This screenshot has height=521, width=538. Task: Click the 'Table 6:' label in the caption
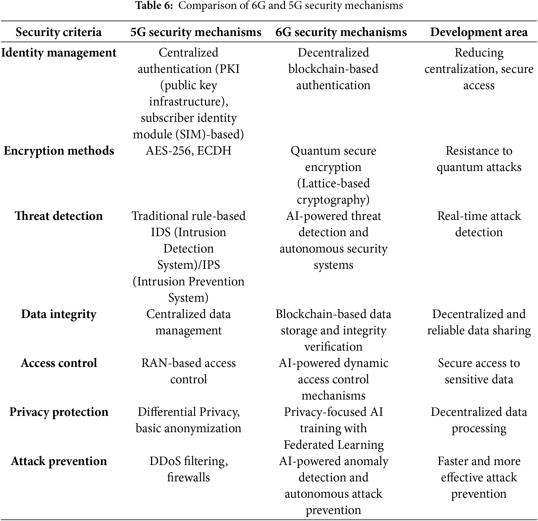pyautogui.click(x=154, y=6)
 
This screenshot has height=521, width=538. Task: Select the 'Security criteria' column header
pyautogui.click(x=58, y=32)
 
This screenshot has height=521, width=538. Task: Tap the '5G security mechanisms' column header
pyautogui.click(x=196, y=32)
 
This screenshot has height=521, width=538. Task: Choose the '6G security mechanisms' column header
pyautogui.click(x=341, y=32)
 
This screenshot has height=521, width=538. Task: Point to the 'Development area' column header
pyautogui.click(x=479, y=32)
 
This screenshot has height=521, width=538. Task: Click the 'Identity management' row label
pyautogui.click(x=58, y=53)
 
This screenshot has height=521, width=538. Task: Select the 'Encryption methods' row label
pyautogui.click(x=58, y=151)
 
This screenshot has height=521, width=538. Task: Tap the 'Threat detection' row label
pyautogui.click(x=58, y=216)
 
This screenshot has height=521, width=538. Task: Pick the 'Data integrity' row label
pyautogui.click(x=58, y=314)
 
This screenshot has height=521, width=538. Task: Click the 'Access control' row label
pyautogui.click(x=58, y=363)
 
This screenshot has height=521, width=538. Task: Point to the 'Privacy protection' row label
pyautogui.click(x=58, y=412)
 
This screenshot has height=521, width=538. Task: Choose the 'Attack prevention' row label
pyautogui.click(x=58, y=461)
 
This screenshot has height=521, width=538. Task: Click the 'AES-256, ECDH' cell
pyautogui.click(x=188, y=151)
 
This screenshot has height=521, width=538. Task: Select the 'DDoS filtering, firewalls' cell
pyautogui.click(x=188, y=470)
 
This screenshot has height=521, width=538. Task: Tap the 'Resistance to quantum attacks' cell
pyautogui.click(x=479, y=159)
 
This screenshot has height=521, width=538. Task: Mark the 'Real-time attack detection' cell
pyautogui.click(x=479, y=224)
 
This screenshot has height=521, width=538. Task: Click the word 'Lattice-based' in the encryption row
pyautogui.click(x=333, y=184)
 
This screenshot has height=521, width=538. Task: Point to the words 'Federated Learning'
pyautogui.click(x=333, y=445)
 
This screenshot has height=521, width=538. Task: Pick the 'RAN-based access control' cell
pyautogui.click(x=188, y=371)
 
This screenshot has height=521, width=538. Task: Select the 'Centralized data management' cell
pyautogui.click(x=188, y=322)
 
